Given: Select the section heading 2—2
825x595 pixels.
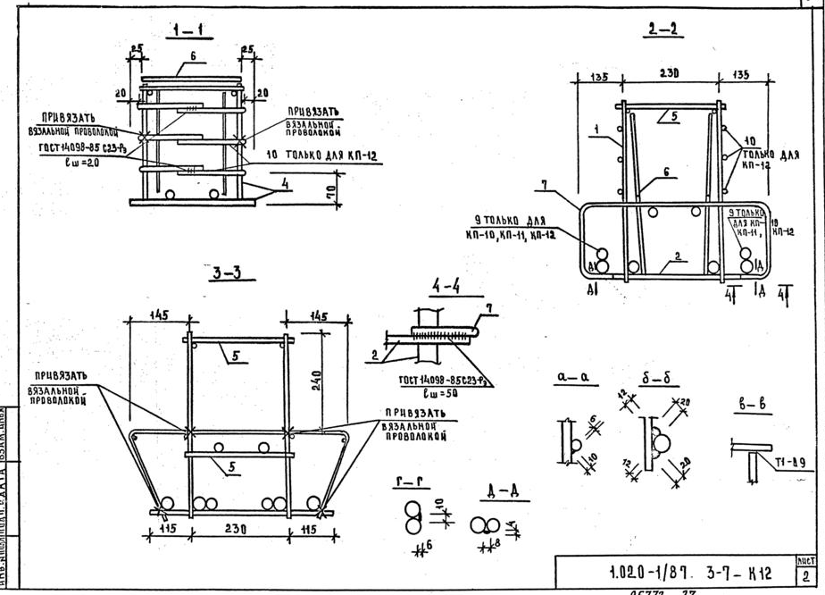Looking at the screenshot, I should click(x=661, y=29).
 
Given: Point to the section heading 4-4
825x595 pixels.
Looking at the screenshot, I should click(x=446, y=288).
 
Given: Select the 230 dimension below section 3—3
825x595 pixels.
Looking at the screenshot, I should click(x=236, y=529).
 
